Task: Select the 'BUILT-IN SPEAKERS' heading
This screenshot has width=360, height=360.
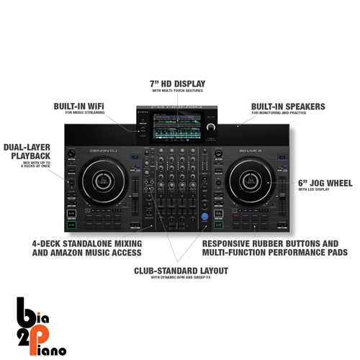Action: pyautogui.click(x=288, y=106)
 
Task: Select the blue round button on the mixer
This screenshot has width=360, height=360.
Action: pyautogui.click(x=205, y=217)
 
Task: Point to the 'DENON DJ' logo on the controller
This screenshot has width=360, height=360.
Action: pyautogui.click(x=102, y=150)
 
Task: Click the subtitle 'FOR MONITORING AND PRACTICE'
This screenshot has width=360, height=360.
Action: pyautogui.click(x=281, y=114)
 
